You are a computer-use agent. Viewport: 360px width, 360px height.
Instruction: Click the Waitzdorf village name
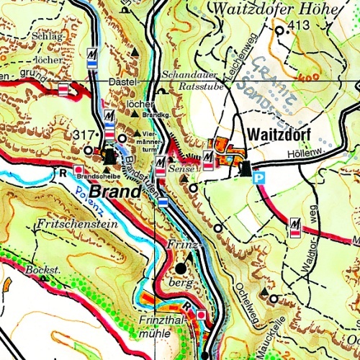pyautogui.click(x=279, y=135)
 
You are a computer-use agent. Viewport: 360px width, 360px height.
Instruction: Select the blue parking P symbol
pyautogui.click(x=261, y=176)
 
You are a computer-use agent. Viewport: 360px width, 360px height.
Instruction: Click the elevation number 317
pyautogui.click(x=84, y=135)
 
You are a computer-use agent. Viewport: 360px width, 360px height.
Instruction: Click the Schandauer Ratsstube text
pyautogui.click(x=193, y=79)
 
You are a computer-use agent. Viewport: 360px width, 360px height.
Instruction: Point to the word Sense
pyautogui.click(x=179, y=167)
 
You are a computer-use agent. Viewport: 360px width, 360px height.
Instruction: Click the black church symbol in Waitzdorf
pyautogui.click(x=246, y=168)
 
